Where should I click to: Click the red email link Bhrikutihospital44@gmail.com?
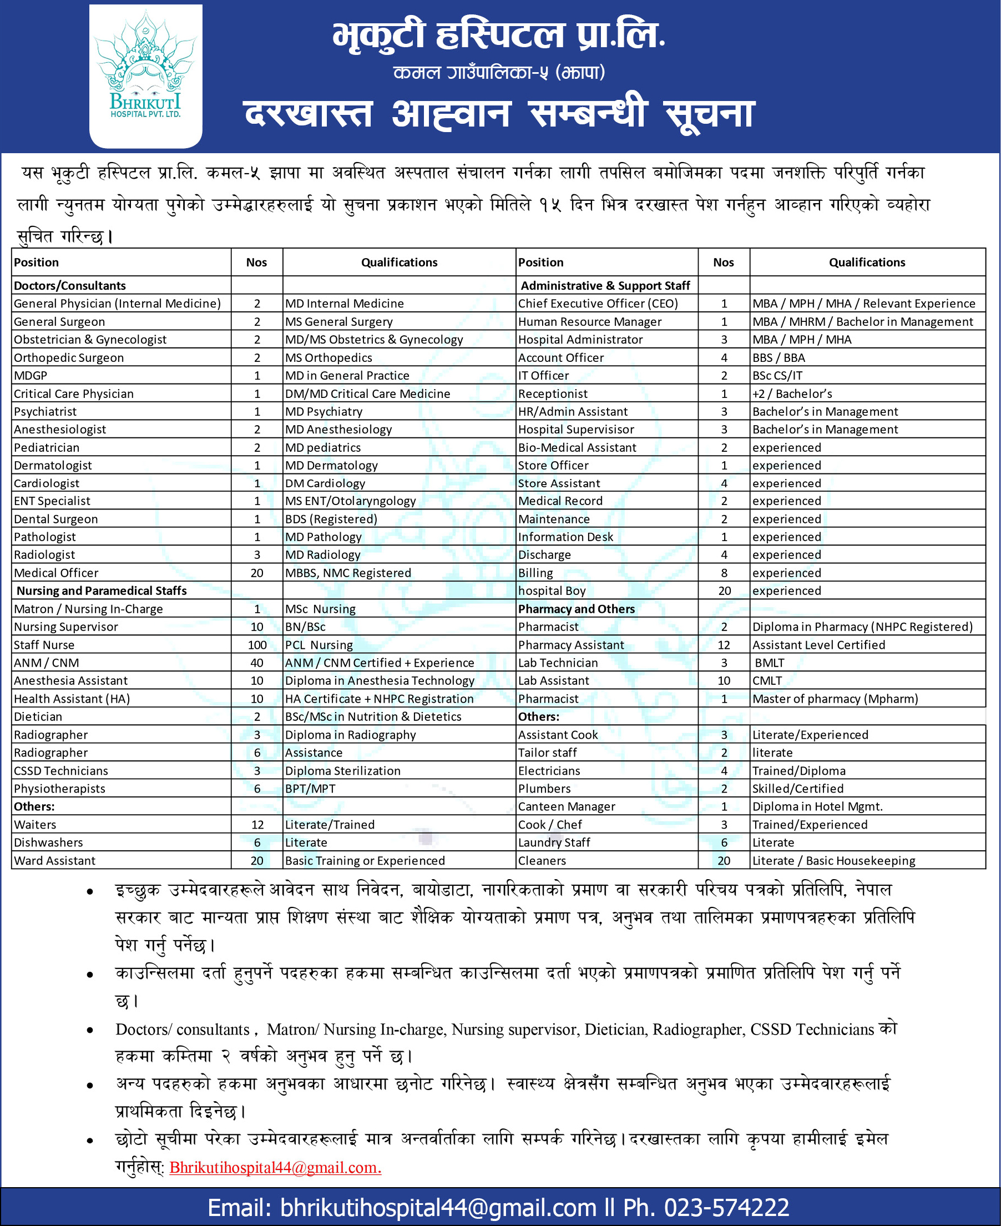tap(275, 1167)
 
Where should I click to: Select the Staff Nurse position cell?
tap(44, 645)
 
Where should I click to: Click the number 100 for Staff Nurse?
tap(256, 645)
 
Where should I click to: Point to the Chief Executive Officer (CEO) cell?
tap(598, 304)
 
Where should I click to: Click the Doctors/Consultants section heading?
tap(70, 285)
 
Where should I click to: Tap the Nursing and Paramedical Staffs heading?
tap(102, 591)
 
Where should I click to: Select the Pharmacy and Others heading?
tap(576, 608)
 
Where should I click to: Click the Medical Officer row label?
tap(56, 573)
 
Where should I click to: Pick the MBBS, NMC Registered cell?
tap(348, 573)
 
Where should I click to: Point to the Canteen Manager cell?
tap(566, 806)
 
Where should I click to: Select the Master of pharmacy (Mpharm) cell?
tap(835, 698)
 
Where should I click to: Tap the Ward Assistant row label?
tap(54, 860)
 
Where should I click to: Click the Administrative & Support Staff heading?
tap(605, 285)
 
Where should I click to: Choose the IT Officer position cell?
tap(543, 375)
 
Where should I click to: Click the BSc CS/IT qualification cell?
tap(777, 375)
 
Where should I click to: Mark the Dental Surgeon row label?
tap(55, 519)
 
